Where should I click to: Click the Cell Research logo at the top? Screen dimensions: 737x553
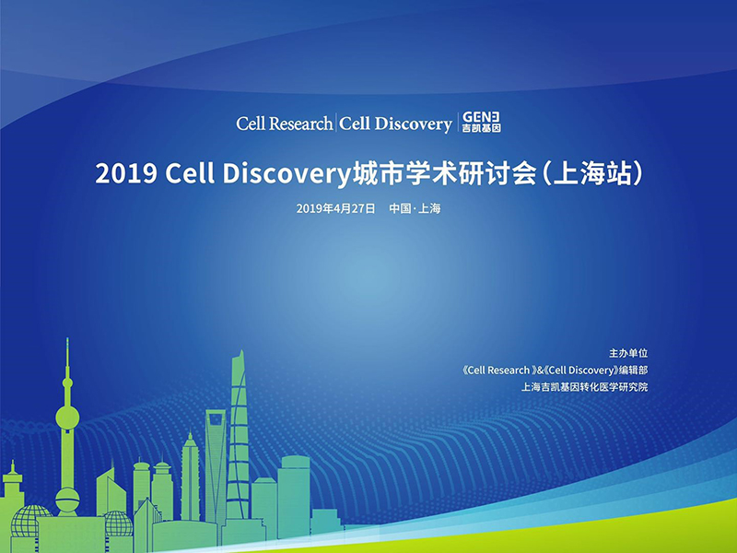[285, 124]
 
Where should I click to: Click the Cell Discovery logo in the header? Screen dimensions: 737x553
[395, 124]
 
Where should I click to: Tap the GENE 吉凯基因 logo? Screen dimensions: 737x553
[481, 122]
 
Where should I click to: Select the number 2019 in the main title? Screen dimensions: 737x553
[126, 173]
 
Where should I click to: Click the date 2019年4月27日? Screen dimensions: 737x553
[335, 208]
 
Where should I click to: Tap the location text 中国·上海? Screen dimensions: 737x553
[415, 208]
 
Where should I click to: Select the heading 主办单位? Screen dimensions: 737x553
[628, 353]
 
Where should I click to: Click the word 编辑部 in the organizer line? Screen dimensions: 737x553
[633, 371]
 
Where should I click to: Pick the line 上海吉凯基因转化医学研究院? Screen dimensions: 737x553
[584, 387]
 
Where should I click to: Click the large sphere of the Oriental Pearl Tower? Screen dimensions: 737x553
[67, 418]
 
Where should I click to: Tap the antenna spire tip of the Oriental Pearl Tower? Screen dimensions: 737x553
[67, 339]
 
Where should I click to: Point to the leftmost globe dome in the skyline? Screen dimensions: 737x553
[29, 521]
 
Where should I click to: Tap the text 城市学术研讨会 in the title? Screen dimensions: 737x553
[444, 173]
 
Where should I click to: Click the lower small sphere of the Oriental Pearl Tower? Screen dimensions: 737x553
[67, 500]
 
